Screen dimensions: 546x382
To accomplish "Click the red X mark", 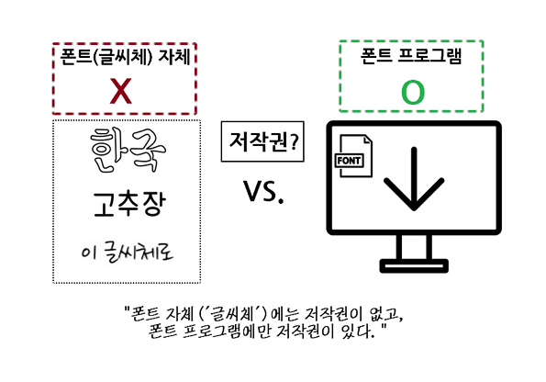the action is (x=120, y=91).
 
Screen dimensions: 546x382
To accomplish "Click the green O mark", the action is (x=413, y=93).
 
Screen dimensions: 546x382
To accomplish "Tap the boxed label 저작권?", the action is (x=262, y=141).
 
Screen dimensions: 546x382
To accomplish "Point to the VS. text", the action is (x=263, y=191).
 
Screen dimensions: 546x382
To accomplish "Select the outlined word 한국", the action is (x=128, y=151).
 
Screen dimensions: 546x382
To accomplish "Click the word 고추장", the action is (x=128, y=204).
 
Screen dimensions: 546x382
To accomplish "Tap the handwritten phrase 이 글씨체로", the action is (x=127, y=253).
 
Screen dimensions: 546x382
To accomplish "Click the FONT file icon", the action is (x=353, y=156).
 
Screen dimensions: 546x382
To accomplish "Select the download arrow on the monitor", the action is (x=414, y=178).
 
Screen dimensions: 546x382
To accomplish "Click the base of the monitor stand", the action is (x=414, y=266).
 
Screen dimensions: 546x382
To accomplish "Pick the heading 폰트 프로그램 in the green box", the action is (x=411, y=56).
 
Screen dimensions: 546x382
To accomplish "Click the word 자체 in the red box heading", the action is (x=174, y=56).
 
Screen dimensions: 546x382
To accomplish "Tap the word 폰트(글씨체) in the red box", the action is (x=106, y=57).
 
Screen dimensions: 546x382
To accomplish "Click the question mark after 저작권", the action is (x=295, y=142).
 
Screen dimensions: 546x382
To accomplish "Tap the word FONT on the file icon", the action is (x=350, y=161).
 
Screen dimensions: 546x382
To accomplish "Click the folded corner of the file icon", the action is (x=368, y=139).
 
